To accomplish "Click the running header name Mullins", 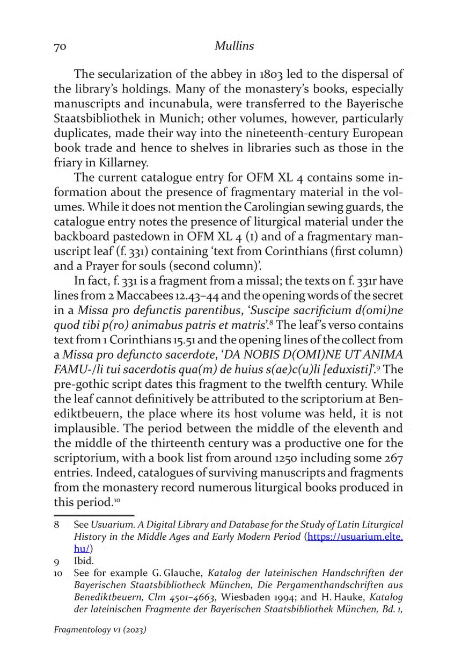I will pyautogui.click(x=234, y=47).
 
